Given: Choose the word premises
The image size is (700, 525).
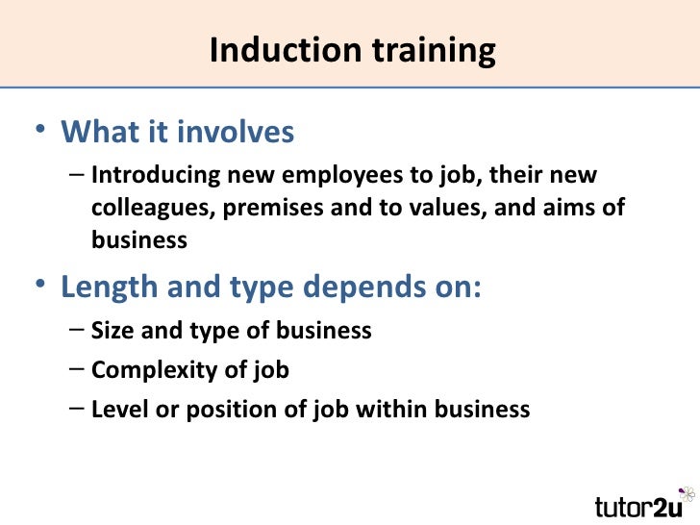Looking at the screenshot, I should [x=276, y=208].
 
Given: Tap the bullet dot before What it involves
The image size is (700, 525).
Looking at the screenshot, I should [x=38, y=132].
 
